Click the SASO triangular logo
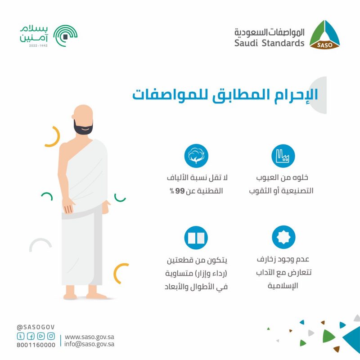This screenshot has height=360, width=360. (x=324, y=35)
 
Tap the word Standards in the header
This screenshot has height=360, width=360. (x=283, y=43)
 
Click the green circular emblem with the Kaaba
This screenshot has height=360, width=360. (x=65, y=36)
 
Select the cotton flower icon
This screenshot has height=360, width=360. (x=196, y=156)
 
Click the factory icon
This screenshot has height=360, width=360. (x=283, y=156)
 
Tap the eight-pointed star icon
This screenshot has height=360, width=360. (x=283, y=237)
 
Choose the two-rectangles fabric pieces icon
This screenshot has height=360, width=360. (x=196, y=238)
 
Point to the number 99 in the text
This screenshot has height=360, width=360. (x=180, y=191)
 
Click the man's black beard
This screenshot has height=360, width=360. (x=83, y=128)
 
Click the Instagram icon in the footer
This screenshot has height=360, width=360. (x=51, y=336)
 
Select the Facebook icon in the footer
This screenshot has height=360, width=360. (x=31, y=336)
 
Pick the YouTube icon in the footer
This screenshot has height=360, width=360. (x=41, y=336)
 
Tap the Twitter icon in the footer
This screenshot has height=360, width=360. (x=21, y=336)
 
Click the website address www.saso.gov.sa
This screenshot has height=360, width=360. (x=89, y=337)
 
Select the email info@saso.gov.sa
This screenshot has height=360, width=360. (x=89, y=344)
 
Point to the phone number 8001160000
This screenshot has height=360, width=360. (x=36, y=345)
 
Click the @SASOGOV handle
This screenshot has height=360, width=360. (x=36, y=327)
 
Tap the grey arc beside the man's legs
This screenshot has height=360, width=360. (x=40, y=240)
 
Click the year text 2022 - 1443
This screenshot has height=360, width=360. (x=38, y=46)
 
